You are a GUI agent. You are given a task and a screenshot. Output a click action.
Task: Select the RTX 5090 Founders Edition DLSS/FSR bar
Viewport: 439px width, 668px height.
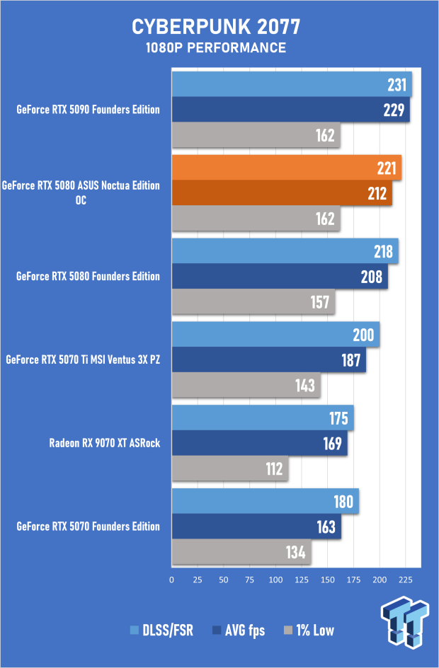291,84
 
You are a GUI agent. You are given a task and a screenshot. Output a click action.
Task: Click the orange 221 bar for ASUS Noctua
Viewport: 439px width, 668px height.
286,168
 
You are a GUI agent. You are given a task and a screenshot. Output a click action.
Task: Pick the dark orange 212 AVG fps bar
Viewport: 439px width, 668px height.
282,193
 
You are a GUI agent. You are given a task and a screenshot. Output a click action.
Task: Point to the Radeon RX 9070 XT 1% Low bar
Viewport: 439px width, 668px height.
229,468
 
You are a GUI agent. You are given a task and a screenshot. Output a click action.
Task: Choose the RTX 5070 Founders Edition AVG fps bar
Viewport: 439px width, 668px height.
256,526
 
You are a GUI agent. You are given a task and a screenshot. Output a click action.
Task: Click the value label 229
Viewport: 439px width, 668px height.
394,110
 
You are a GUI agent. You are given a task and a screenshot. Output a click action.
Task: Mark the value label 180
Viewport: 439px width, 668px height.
343,501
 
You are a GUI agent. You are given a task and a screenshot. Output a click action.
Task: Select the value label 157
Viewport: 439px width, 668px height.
320,302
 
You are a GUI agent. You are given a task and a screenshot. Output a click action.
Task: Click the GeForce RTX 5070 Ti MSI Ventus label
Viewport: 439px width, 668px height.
82,359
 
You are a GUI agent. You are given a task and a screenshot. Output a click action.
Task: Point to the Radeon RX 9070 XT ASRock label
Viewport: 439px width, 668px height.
105,443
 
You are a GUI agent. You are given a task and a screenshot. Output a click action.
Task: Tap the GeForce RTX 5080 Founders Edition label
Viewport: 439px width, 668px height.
88,276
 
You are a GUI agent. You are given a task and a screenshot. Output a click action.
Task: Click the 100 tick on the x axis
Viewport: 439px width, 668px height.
275,579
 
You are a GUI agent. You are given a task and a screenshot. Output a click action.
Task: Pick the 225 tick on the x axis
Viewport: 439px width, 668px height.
406,579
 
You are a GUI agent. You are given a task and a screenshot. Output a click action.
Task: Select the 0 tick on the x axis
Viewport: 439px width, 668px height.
171,579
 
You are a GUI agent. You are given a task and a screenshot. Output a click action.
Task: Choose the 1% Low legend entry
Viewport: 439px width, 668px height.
309,630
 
